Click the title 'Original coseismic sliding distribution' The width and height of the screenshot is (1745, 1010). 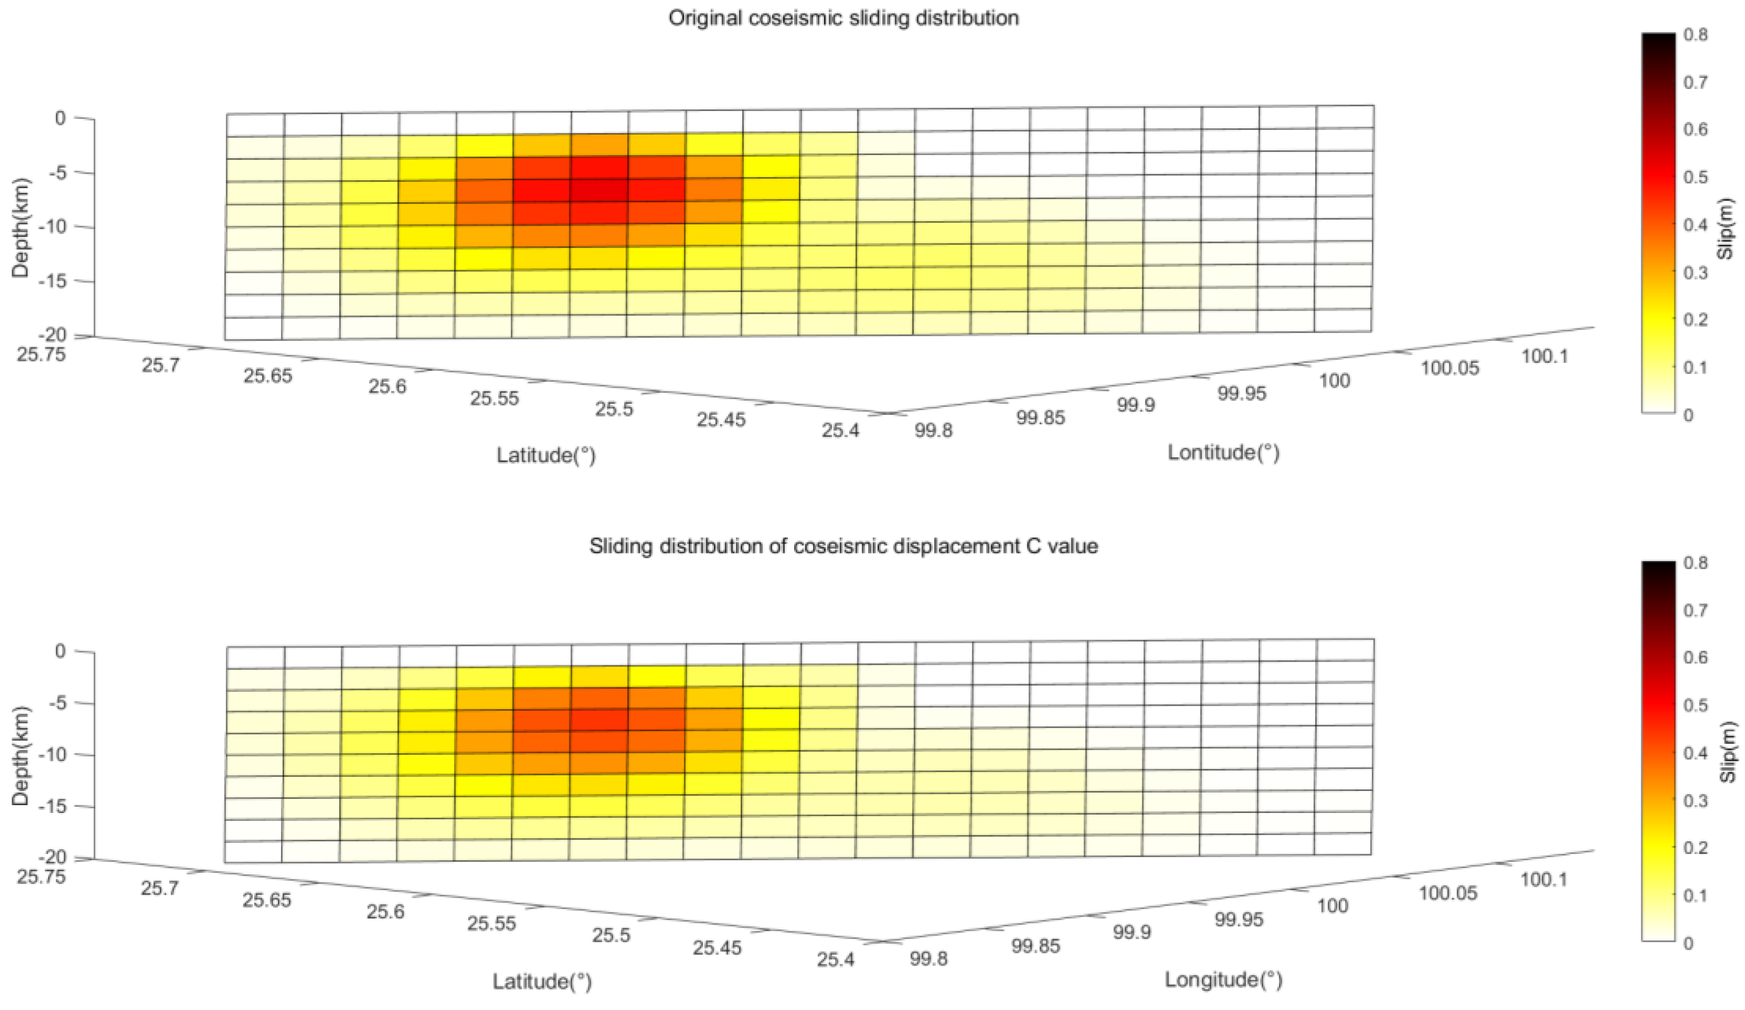pos(843,18)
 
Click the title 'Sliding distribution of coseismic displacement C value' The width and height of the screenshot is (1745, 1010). pos(843,546)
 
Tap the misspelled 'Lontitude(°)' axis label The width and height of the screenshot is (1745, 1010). pos(1223,453)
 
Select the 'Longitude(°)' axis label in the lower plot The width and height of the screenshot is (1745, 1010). pos(1223,980)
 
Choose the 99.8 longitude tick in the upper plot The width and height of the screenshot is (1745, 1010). pos(934,431)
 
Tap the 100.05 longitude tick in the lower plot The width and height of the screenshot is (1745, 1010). pos(1449,893)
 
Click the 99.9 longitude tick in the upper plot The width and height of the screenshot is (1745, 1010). pos(1135,405)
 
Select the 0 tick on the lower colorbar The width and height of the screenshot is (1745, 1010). pos(1688,943)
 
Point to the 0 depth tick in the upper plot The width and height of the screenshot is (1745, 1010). pos(60,118)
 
